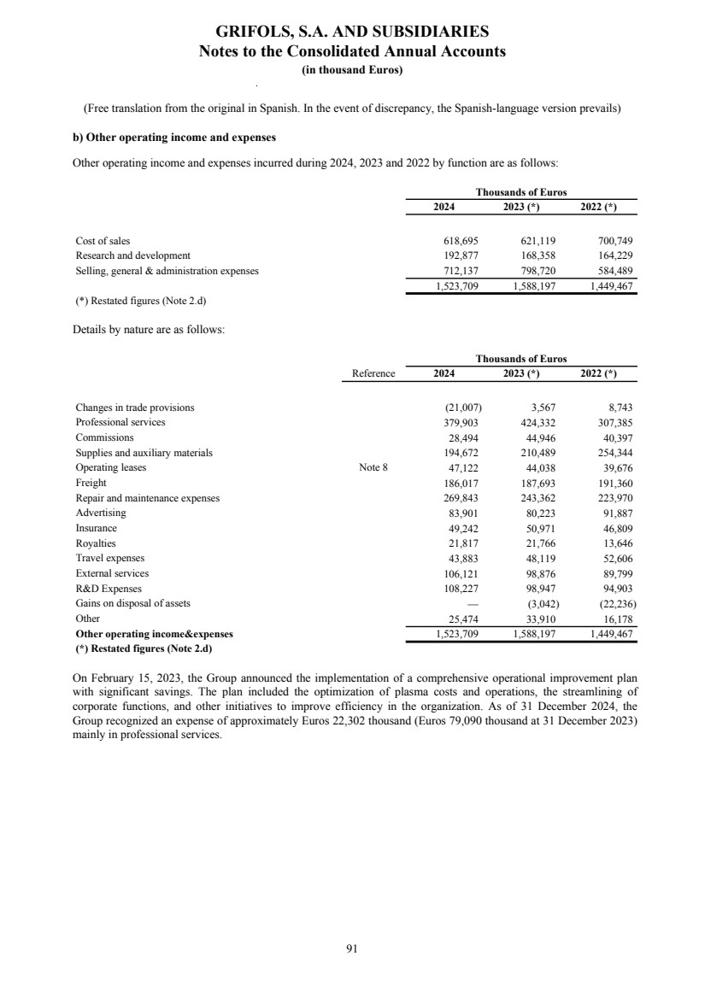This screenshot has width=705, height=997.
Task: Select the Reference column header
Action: [373, 373]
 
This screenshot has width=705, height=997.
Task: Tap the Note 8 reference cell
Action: [373, 467]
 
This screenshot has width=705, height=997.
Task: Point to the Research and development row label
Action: [132, 255]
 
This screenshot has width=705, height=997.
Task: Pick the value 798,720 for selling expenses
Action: [538, 271]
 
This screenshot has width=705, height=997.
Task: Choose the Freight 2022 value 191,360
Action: [612, 483]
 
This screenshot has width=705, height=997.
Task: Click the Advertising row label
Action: [100, 513]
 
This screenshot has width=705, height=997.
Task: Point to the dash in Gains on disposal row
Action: [461, 603]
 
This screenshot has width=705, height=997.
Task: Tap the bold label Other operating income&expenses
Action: [154, 634]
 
